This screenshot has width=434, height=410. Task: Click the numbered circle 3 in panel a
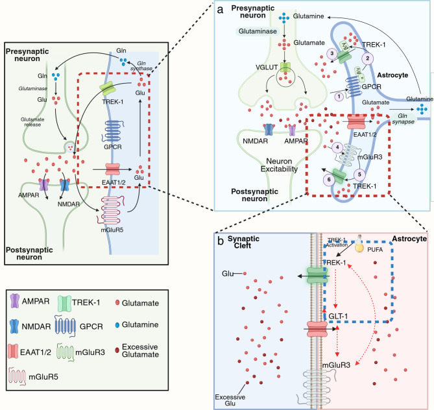point(332,54)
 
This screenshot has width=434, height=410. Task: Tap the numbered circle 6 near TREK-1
point(329,180)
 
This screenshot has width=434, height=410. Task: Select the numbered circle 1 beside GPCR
point(339,97)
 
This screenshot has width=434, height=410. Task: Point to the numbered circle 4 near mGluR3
point(337,147)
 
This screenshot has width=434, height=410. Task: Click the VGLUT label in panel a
point(267,67)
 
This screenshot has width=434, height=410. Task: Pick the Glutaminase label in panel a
point(258,31)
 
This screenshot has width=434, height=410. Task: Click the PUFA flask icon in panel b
point(359,244)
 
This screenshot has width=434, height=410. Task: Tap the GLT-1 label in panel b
point(338,316)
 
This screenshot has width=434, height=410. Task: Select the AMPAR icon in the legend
point(14,301)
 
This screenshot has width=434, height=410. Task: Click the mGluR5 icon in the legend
point(17,376)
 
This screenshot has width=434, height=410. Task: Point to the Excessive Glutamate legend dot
point(117,350)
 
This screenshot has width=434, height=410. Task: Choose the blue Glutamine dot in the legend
point(117,325)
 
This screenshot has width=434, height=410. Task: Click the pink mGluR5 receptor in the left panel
point(112,210)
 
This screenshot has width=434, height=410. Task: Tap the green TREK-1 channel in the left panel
point(108,89)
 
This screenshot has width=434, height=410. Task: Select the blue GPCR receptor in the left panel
point(112,132)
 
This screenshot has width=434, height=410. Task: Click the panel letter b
point(221,241)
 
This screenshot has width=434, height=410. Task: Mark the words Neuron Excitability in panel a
point(279,165)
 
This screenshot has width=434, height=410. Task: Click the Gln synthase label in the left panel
point(141,66)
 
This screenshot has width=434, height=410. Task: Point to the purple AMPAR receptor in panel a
point(292,130)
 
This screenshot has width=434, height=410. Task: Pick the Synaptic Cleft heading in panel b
point(243,242)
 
